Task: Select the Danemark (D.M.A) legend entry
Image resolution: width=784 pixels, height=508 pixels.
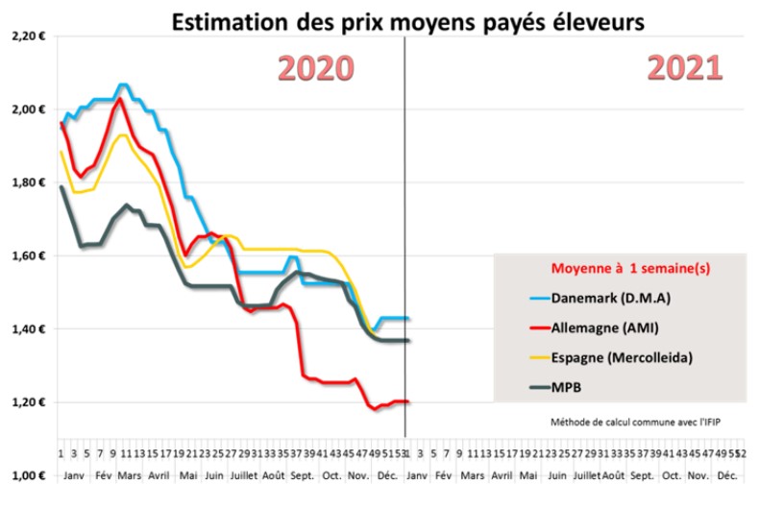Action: [611, 298]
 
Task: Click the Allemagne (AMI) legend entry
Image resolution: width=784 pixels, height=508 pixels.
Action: [605, 328]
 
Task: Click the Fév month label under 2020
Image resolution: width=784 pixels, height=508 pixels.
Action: [103, 475]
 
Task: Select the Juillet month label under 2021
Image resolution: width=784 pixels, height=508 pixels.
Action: [584, 475]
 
